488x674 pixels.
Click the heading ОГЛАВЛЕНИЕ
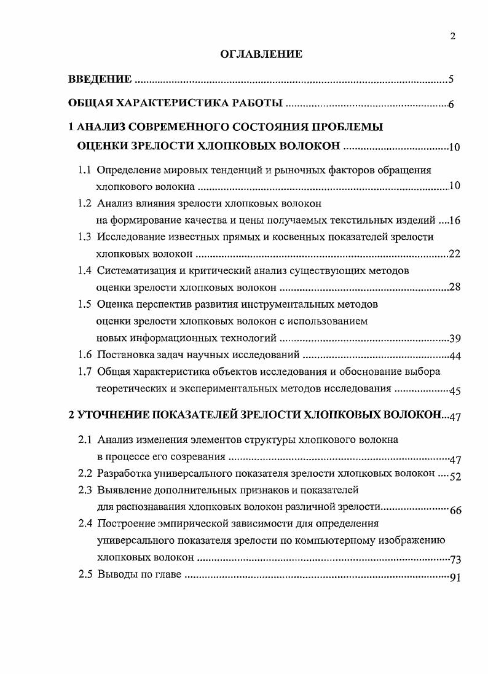click(261, 55)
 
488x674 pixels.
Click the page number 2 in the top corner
click(452, 36)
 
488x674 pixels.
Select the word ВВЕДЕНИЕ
click(100, 79)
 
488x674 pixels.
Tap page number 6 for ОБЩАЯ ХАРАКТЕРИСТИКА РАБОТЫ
click(451, 104)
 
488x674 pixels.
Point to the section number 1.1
click(85, 170)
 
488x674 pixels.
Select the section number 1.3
click(85, 237)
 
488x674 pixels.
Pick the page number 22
click(455, 254)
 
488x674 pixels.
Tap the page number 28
click(455, 288)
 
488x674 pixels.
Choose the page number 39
click(455, 339)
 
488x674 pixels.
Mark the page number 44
click(455, 356)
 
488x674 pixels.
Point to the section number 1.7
click(85, 371)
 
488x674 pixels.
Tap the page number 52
click(455, 476)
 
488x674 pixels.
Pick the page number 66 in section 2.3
click(455, 509)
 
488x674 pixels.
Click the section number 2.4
click(85, 523)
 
